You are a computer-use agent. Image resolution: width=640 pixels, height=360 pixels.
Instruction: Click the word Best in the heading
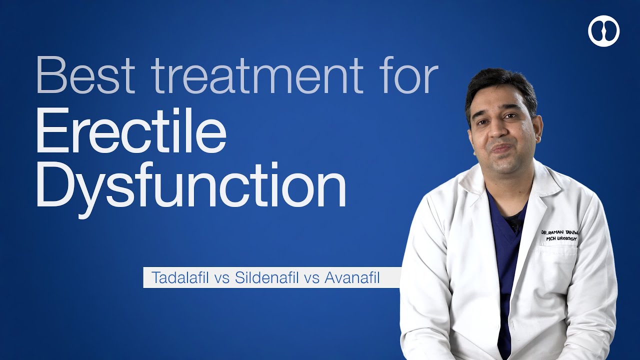(85, 75)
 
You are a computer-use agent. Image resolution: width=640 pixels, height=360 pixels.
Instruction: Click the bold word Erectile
(131, 130)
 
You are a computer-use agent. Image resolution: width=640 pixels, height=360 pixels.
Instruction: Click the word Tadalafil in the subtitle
(180, 277)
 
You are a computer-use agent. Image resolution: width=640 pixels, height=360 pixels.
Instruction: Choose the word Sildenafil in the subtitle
(266, 277)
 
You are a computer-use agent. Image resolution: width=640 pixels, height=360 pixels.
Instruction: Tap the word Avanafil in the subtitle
(352, 277)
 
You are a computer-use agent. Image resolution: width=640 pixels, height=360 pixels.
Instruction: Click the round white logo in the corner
(603, 31)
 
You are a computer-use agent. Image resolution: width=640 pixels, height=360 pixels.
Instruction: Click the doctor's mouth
(502, 148)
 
